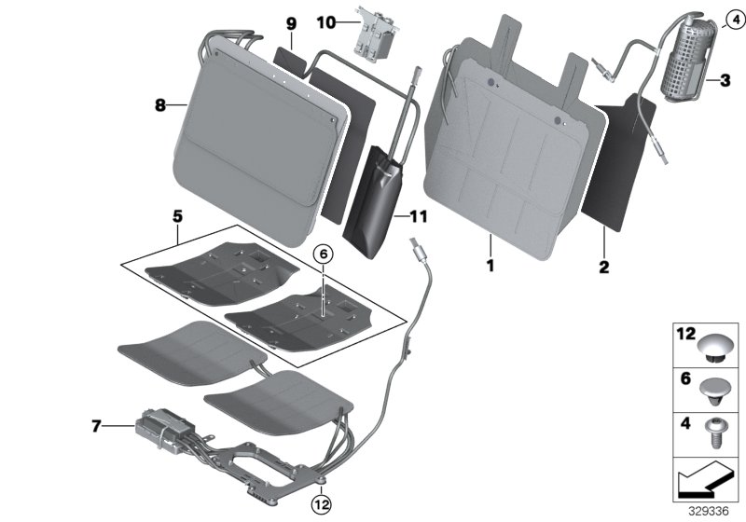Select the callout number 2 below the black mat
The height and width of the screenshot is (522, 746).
point(603,268)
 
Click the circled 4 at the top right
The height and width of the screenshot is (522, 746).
point(734,19)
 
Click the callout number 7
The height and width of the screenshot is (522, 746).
point(96,428)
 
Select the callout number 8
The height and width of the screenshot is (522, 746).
point(160,106)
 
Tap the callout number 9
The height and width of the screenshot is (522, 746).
point(290,22)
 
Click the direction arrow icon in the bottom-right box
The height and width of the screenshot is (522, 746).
point(705,481)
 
